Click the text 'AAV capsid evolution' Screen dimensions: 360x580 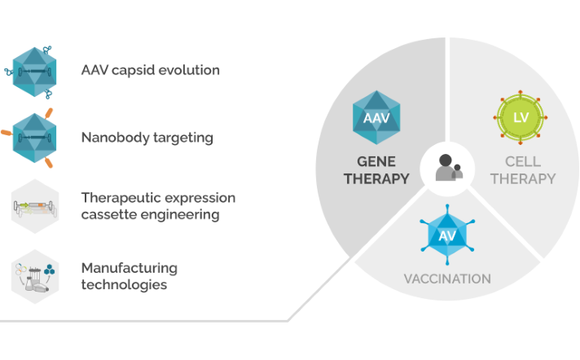point(150,70)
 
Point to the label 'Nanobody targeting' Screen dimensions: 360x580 point(147,137)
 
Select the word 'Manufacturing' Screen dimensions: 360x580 point(129,268)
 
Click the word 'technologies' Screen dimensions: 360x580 point(124,285)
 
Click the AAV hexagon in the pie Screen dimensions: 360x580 point(376,118)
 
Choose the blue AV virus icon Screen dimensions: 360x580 point(447,235)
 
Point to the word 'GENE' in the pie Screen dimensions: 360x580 point(376,161)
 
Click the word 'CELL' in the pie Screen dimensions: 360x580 point(523,161)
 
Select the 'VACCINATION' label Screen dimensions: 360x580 point(447,279)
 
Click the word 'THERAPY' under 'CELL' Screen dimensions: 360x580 point(523,178)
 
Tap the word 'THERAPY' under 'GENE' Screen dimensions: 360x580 point(376,178)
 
